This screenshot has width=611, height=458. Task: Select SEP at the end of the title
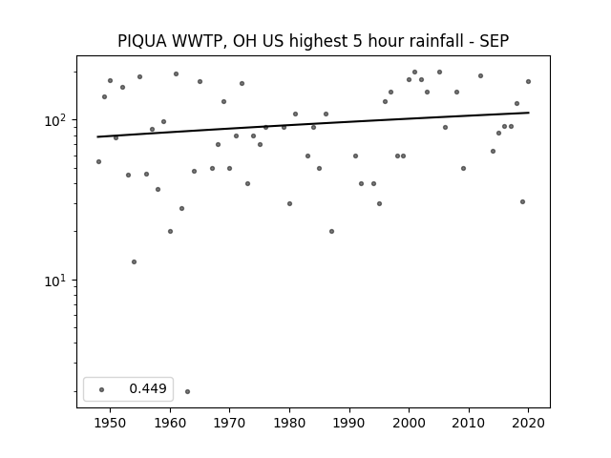click(x=495, y=41)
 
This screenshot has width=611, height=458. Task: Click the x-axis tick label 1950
click(x=110, y=423)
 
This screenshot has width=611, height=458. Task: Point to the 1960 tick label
click(x=170, y=423)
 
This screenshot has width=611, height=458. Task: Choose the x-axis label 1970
click(x=229, y=423)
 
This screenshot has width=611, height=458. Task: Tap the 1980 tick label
click(x=289, y=423)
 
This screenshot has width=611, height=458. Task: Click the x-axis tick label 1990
click(x=349, y=423)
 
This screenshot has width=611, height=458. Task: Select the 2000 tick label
click(x=409, y=423)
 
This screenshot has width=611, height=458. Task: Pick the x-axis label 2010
click(x=469, y=423)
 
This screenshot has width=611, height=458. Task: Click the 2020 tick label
click(x=528, y=423)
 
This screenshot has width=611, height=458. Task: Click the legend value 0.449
click(x=148, y=388)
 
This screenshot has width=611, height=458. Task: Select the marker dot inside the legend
click(x=102, y=389)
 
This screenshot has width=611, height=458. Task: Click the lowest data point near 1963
click(x=187, y=391)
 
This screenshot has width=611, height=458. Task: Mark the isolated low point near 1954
click(x=134, y=261)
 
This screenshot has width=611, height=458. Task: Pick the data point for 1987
click(x=331, y=231)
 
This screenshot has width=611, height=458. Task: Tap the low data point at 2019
click(x=522, y=201)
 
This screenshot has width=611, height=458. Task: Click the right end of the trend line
click(x=529, y=113)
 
